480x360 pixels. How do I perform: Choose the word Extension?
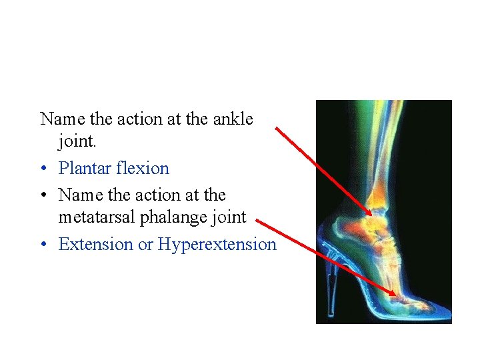pyautogui.click(x=96, y=244)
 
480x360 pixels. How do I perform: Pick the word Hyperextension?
pyautogui.click(x=217, y=244)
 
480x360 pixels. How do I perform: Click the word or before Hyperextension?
pyautogui.click(x=145, y=245)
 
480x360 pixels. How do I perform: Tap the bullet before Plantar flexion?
pyautogui.click(x=43, y=169)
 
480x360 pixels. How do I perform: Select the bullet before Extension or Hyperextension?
pyautogui.click(x=43, y=245)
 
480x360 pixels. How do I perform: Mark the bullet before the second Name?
pyautogui.click(x=43, y=196)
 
